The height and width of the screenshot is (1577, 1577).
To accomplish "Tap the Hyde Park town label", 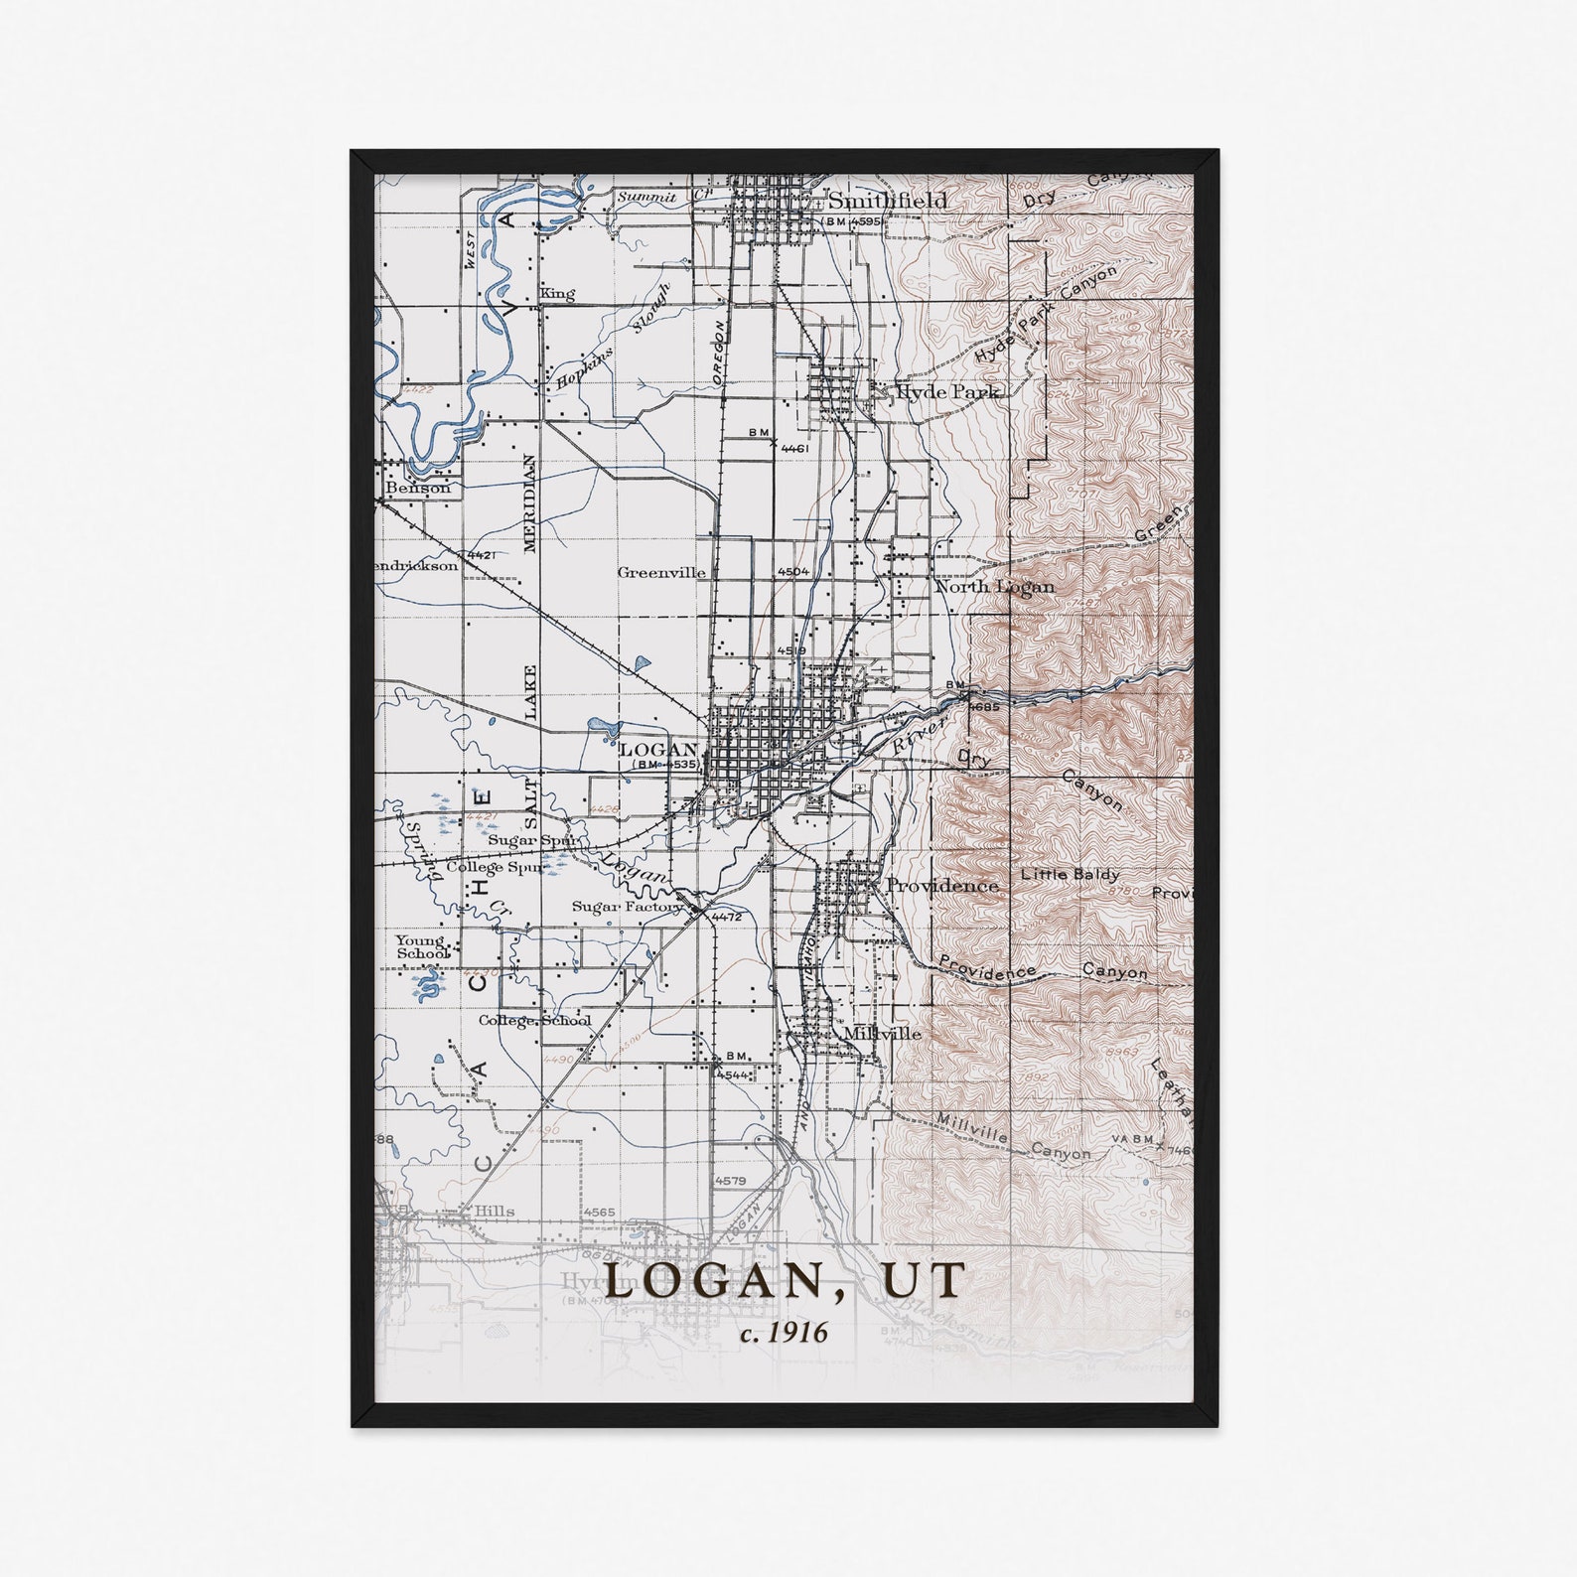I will pos(945,392).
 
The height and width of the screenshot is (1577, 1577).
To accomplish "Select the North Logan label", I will pos(994,586).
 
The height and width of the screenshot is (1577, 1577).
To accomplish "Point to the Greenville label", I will pos(661,572).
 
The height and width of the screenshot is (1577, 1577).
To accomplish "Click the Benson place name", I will pos(417,488).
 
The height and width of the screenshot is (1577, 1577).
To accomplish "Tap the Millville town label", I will pos(882,1033).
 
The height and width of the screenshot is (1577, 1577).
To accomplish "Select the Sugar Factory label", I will pos(626,907).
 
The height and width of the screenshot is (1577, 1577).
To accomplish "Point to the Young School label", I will pos(422,946).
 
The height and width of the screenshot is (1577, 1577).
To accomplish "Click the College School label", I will pos(534,1020).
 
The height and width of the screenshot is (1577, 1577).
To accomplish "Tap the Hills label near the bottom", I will pos(494,1211).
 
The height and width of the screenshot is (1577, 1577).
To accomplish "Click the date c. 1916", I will pos(784,1332).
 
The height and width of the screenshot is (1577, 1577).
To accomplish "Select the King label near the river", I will pos(557,294).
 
